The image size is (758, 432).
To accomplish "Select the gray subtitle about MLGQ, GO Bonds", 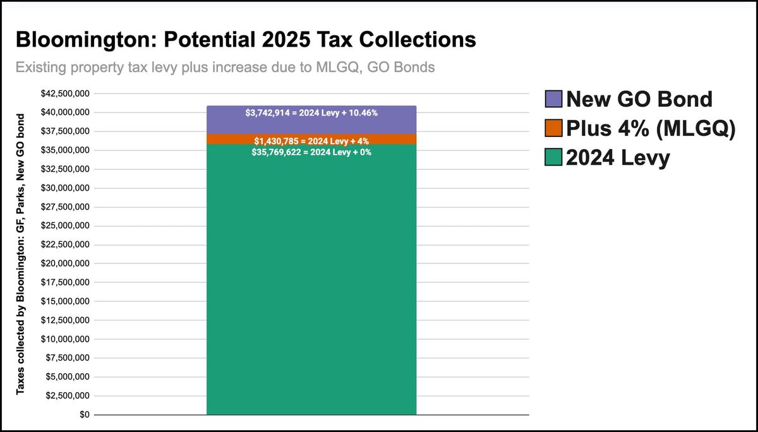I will point(225,67).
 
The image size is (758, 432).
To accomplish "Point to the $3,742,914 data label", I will point(311,112).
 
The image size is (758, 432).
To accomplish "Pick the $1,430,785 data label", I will point(311,140).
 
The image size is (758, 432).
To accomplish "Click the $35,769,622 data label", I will point(311,152).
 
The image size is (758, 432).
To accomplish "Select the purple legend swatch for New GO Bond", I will point(553,99).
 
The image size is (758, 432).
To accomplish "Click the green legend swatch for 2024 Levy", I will point(553,158).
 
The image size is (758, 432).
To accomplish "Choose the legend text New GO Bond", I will point(639,99).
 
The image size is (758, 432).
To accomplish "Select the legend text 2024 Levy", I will point(618,158).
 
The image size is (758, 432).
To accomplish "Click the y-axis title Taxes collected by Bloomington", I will point(21,254).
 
